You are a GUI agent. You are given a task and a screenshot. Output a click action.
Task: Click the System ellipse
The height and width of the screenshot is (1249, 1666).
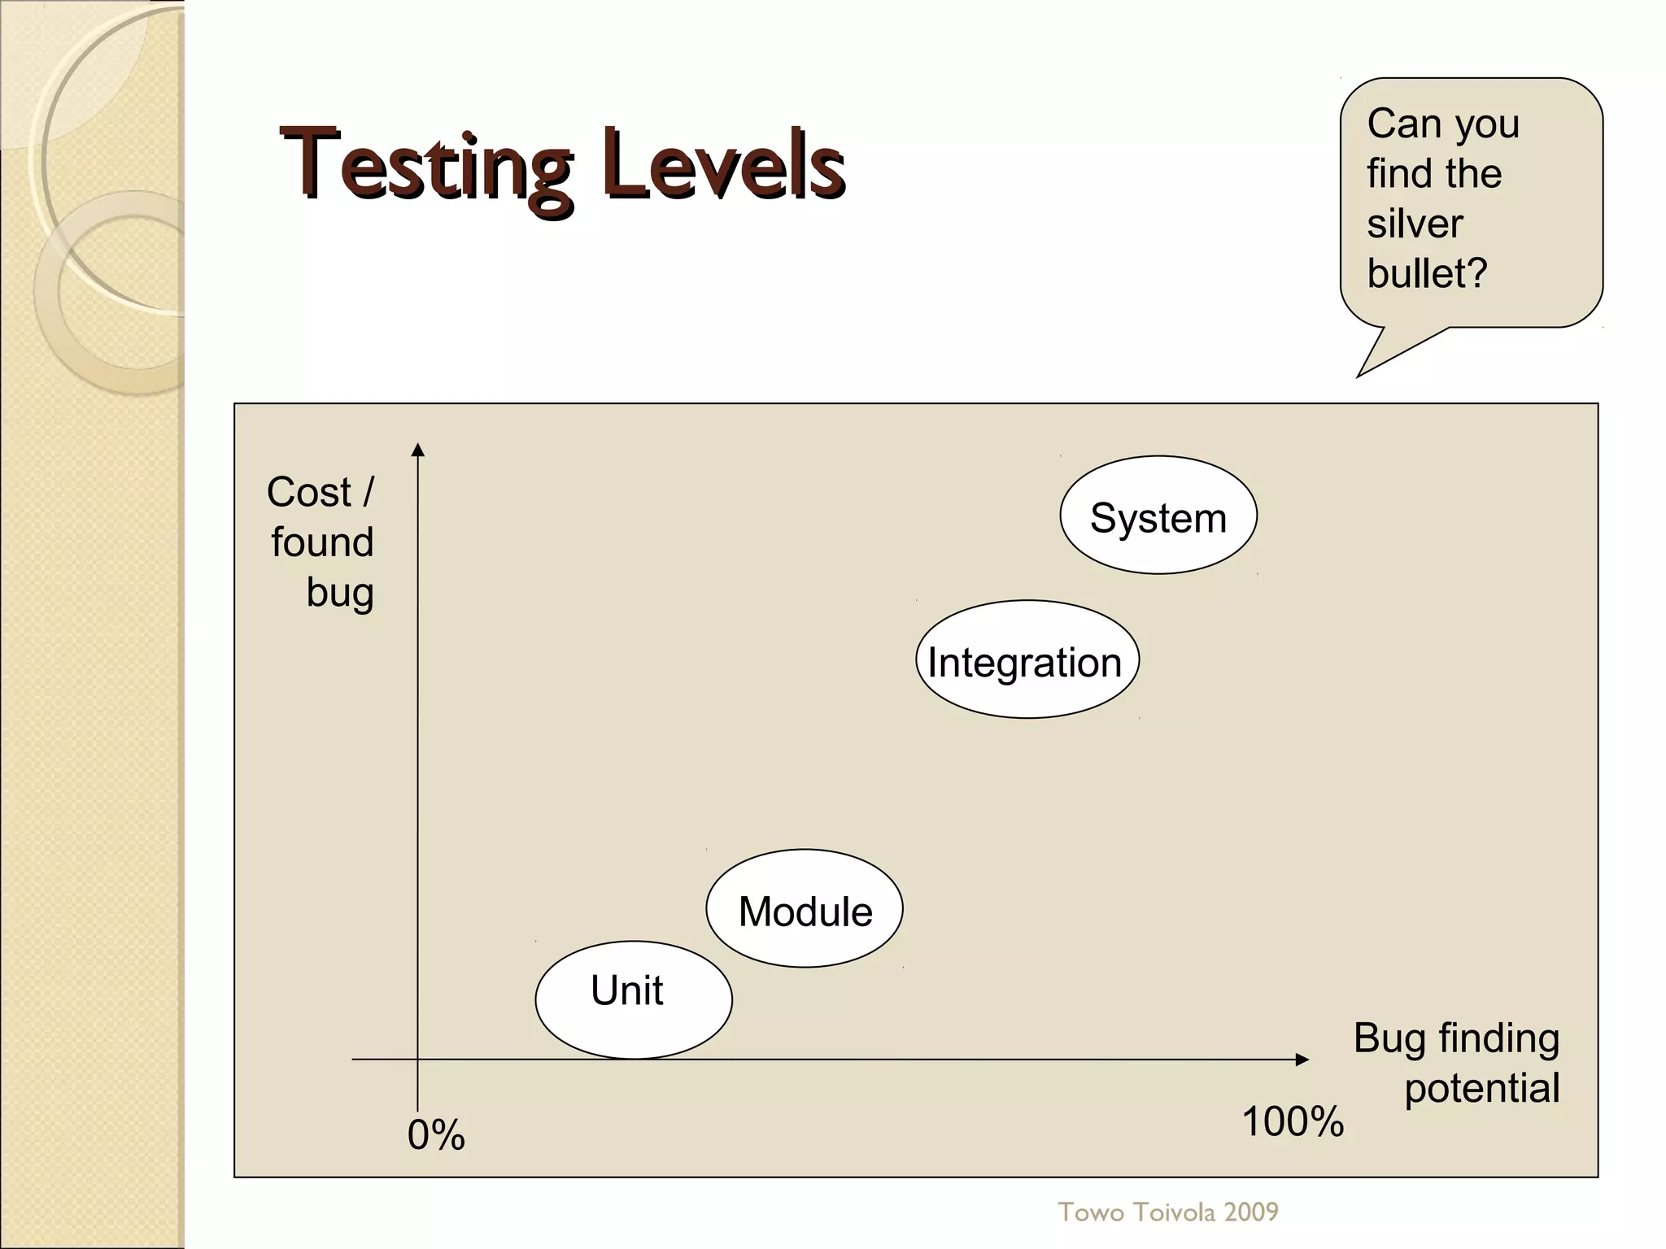coord(1158,516)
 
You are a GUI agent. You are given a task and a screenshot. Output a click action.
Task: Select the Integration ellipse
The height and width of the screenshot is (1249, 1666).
coord(1027,659)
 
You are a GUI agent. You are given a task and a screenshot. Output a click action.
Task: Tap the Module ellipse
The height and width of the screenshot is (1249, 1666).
coord(804,908)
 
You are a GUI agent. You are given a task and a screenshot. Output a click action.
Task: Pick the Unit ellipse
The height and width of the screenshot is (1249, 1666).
coord(633,999)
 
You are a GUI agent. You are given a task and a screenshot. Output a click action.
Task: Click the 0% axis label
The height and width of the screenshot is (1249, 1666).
coord(436,1135)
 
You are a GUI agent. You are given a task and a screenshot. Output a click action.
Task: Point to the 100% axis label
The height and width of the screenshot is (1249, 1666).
coord(1292,1122)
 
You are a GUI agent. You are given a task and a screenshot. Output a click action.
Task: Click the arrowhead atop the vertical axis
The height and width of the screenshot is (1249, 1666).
coord(417,450)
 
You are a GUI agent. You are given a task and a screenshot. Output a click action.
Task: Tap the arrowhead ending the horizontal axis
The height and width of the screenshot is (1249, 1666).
coord(1302,1060)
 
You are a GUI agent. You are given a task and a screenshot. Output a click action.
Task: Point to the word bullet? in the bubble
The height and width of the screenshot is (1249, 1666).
coord(1426,273)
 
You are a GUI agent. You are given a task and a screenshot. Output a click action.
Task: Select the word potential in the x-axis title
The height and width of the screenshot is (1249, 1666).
coord(1481,1089)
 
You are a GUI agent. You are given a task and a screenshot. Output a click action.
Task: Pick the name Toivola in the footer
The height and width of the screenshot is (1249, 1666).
coord(1171,1212)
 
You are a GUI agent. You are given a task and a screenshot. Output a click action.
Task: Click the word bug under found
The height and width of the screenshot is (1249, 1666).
coord(339,593)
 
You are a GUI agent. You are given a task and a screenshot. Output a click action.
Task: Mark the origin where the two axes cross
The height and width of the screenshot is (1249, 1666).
coord(417,1060)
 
